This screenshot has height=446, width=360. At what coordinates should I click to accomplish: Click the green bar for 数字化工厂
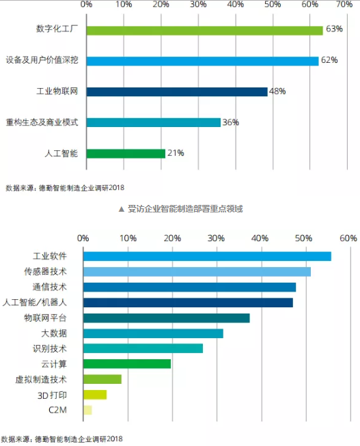pos(205,31)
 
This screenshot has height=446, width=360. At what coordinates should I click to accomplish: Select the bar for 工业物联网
pos(177,92)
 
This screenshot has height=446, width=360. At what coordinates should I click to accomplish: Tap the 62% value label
pos(329,60)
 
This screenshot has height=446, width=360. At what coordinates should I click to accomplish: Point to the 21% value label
pos(176,153)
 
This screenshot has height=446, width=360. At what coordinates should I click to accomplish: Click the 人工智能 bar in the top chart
pos(126,154)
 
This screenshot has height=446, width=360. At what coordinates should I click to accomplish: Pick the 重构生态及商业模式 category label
pos(42,122)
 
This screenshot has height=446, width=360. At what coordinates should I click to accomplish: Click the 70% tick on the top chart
pos(344,4)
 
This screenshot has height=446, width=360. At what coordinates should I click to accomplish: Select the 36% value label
pos(230,122)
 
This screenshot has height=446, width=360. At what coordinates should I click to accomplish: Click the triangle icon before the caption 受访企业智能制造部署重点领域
pos(122,210)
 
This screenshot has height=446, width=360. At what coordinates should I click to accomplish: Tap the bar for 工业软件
pos(207,256)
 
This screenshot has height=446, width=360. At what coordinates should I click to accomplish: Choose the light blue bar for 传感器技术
pos(197,272)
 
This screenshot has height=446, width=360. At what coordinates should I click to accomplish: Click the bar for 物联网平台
pos(167,318)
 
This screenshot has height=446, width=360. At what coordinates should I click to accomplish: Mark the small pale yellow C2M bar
pos(87,410)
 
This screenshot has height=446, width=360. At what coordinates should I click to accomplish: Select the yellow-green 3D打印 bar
pos(95,395)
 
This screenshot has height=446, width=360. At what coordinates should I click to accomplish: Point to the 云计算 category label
pos(54,364)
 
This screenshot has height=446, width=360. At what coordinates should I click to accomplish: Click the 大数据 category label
pos(54,333)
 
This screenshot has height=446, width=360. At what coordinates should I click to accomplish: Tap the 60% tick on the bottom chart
pos(348,238)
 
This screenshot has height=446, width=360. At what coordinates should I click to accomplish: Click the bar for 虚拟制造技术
pos(102,379)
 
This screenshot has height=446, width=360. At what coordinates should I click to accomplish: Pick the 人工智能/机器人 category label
pos(34,303)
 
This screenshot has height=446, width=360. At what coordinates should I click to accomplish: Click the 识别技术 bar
pos(143,348)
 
